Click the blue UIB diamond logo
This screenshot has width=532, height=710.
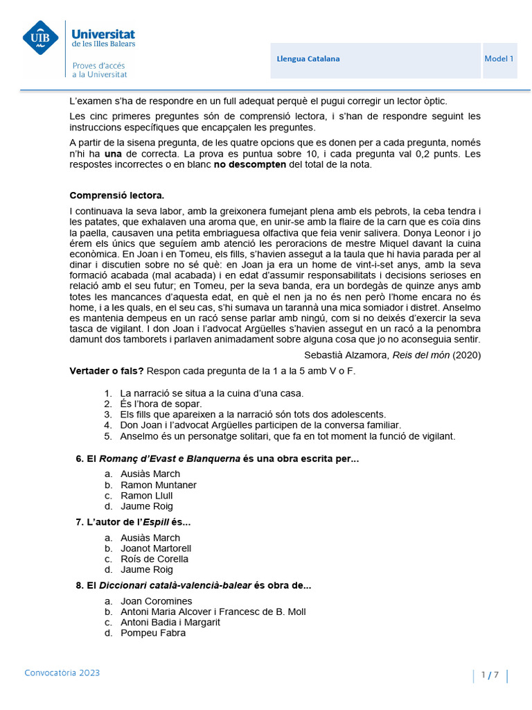[x=40, y=37]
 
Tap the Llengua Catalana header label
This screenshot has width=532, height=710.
[x=308, y=59]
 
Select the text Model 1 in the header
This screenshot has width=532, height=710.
[x=499, y=59]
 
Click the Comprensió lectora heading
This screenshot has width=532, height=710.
[x=117, y=196]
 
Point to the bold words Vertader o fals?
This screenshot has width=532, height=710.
[x=107, y=371]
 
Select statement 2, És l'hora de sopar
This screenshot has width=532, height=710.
[x=161, y=404]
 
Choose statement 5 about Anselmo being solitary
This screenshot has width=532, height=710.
[x=278, y=436]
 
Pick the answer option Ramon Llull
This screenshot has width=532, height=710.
[x=146, y=496]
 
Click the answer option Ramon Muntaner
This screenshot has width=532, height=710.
[x=158, y=485]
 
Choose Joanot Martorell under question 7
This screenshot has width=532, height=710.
[x=156, y=548]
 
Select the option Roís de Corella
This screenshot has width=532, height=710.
[x=154, y=559]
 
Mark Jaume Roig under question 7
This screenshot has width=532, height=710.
[x=146, y=569]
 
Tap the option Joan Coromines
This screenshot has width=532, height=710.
[x=157, y=601]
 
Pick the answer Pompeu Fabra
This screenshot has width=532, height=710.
[x=152, y=633]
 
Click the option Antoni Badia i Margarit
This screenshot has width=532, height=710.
[x=170, y=622]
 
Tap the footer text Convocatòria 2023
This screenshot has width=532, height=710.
[x=62, y=673]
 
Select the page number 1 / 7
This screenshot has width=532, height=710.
[x=490, y=675]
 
